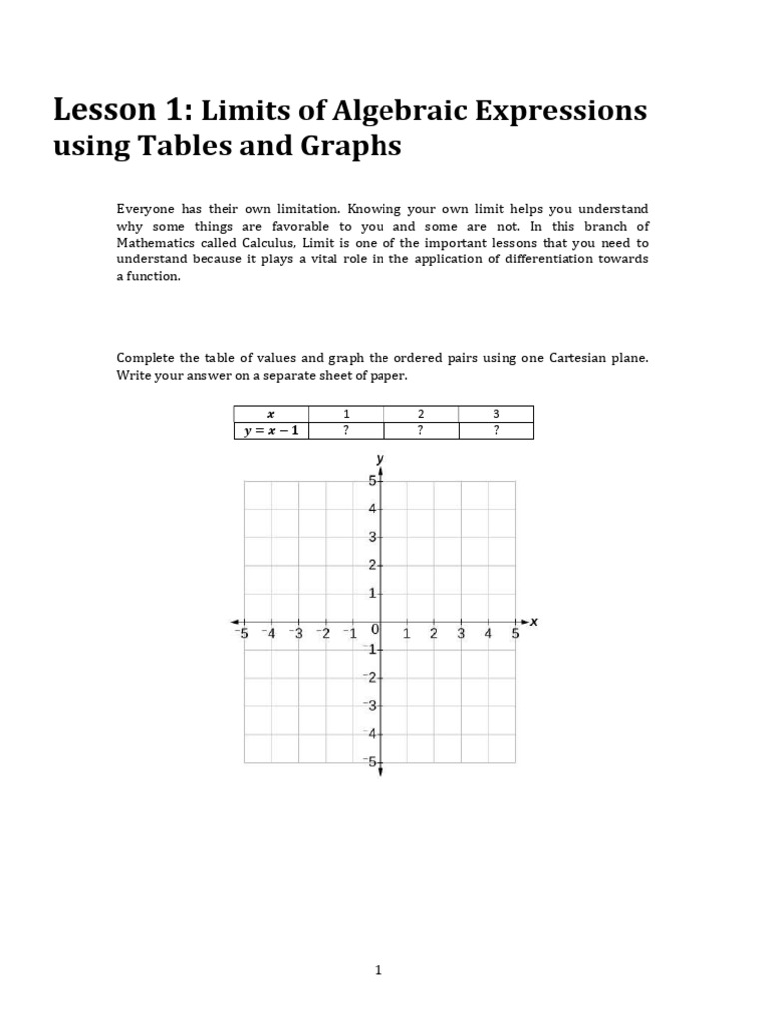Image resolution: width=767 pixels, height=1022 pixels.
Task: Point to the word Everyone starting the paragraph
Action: click(x=146, y=209)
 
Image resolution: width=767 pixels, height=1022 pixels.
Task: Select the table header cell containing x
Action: click(x=270, y=414)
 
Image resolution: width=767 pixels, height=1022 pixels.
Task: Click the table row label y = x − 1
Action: click(x=270, y=431)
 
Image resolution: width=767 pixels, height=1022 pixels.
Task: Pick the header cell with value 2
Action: click(x=420, y=414)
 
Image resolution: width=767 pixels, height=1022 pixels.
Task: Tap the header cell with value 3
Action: click(x=496, y=414)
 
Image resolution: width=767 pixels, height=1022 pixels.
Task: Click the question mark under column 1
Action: click(x=346, y=431)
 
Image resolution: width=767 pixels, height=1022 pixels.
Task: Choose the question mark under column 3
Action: click(x=496, y=431)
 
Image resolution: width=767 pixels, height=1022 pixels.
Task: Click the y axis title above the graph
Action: click(x=380, y=458)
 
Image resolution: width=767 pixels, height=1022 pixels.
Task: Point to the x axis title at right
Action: click(x=533, y=621)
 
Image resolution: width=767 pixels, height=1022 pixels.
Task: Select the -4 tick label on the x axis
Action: click(x=268, y=633)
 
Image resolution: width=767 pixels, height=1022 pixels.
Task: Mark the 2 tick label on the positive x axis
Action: click(x=433, y=633)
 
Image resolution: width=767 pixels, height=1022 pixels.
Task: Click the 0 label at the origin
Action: click(x=373, y=631)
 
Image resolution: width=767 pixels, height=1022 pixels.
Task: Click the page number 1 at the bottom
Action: click(x=379, y=969)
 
